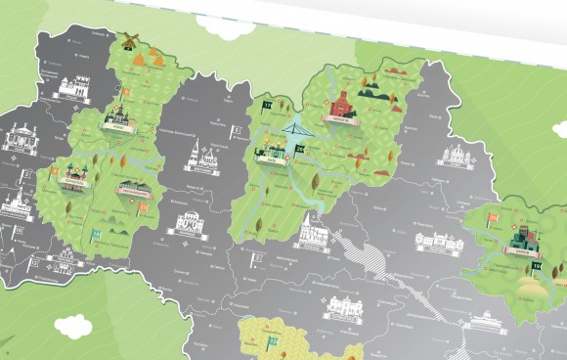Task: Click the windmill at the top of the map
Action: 125,44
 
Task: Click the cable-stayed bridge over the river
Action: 296,134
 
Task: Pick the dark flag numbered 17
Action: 265,103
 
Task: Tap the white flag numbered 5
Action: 236,129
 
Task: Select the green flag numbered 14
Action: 95,236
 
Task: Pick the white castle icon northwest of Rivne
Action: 69,88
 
